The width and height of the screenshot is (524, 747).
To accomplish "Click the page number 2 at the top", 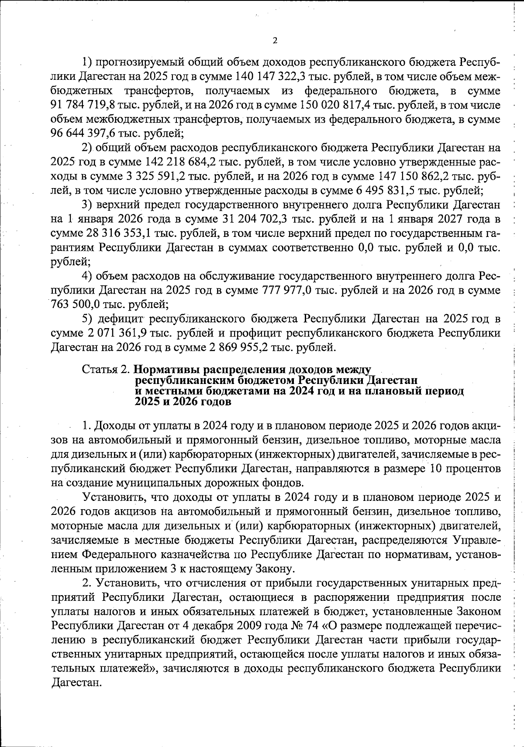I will coord(275,41).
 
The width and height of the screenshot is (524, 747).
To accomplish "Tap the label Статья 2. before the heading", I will coord(106,369).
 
